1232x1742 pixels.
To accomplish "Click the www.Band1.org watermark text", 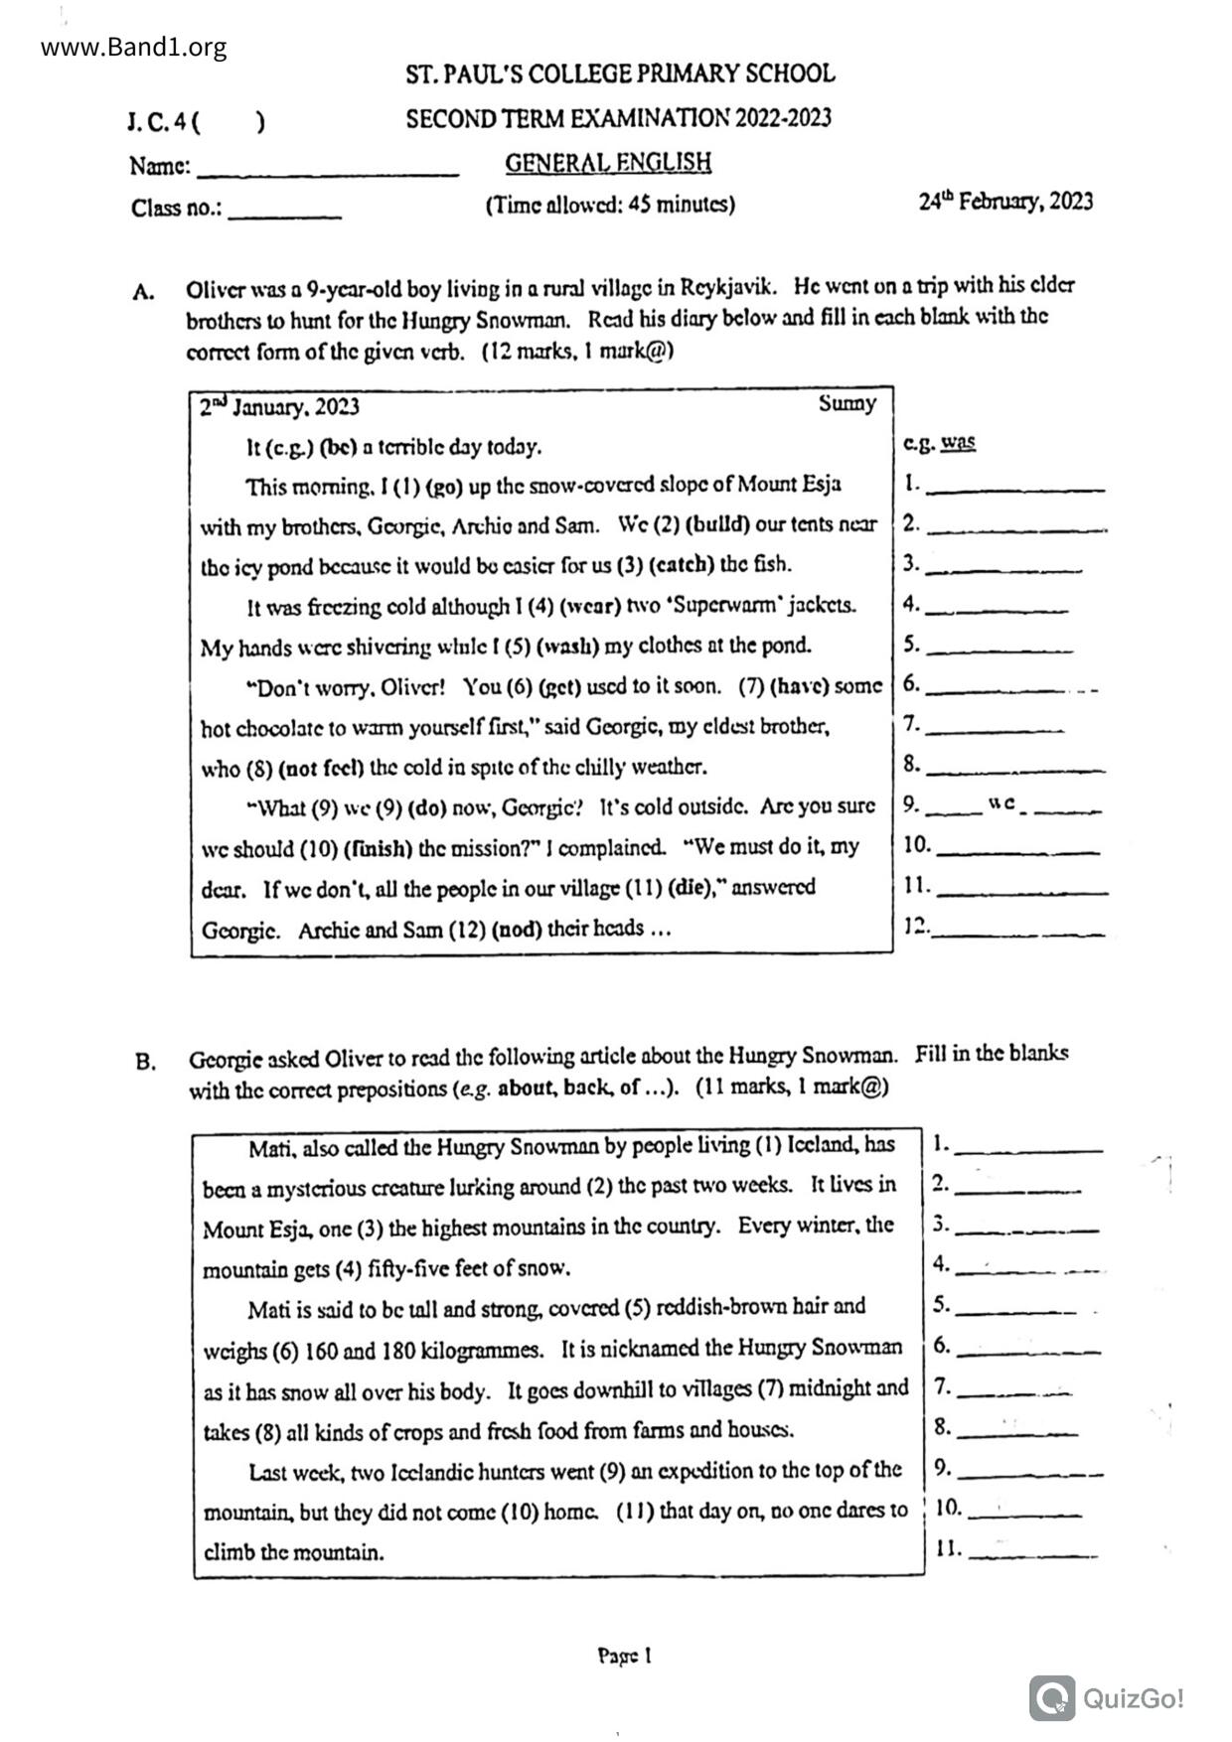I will pos(134,47).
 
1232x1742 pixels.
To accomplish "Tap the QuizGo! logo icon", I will pos(1052,1697).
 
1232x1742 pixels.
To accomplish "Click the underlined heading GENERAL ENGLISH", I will pos(608,162).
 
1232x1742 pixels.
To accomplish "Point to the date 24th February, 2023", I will pos(1005,202).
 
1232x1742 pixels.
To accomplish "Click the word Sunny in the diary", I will pos(847,403).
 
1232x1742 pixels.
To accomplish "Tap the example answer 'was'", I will pos(958,442).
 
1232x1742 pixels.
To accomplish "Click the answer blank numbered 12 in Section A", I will pos(1017,932).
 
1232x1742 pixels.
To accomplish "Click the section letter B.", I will pos(145,1062).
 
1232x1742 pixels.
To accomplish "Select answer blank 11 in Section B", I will pos(1033,1552).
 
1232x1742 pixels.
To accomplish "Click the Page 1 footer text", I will pos(624,1656).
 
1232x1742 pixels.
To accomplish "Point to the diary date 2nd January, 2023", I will pos(279,407).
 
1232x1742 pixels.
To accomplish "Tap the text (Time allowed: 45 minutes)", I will pos(610,205).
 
